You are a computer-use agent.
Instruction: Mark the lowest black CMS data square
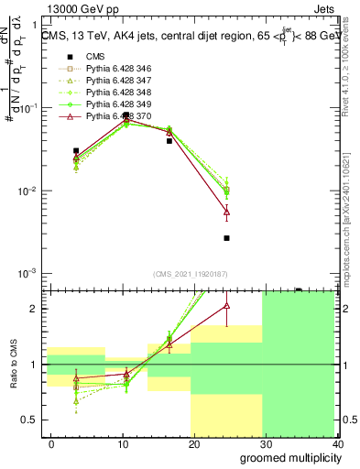226,238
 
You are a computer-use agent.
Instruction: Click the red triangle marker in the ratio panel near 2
226,306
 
